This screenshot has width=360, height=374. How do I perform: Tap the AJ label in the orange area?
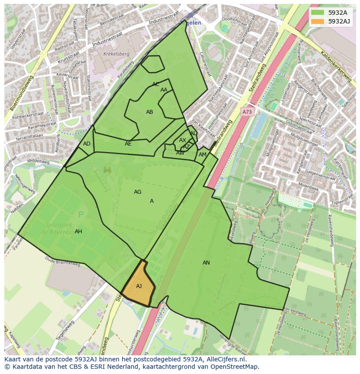click(139, 286)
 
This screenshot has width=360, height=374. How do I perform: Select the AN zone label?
click(206, 263)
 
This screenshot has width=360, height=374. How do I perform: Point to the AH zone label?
click(78, 232)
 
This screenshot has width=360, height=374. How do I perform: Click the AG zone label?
click(137, 192)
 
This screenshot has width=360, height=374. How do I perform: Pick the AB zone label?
click(150, 112)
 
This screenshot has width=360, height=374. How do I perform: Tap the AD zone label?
click(87, 144)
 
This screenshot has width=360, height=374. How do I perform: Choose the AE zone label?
click(128, 144)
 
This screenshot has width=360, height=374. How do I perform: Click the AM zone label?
click(203, 155)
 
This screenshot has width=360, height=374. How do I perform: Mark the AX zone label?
click(183, 140)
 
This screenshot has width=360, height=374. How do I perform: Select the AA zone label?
click(164, 90)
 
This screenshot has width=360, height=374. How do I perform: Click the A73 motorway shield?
click(247, 112)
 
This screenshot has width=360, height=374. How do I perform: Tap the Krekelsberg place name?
click(116, 54)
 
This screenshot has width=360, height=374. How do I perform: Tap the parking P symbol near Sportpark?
click(80, 215)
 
